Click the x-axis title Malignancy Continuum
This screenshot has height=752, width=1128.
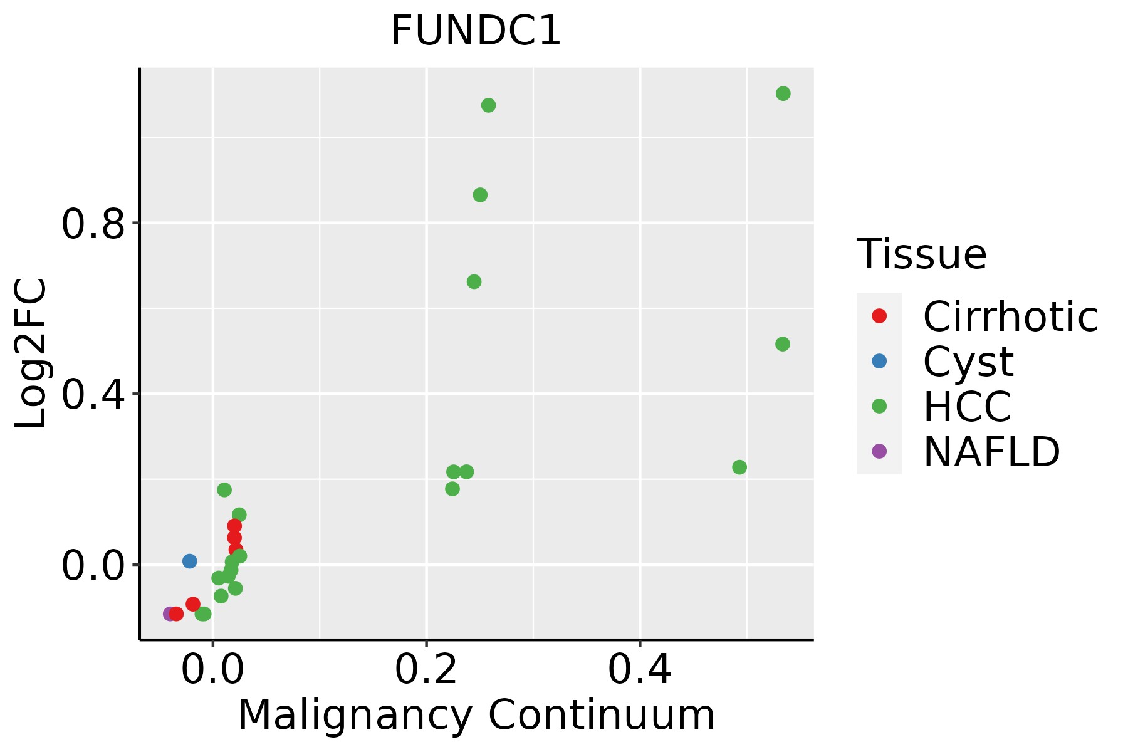[476, 715]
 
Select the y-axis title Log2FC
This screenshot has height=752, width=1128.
[31, 353]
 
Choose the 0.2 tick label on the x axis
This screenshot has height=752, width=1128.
[426, 669]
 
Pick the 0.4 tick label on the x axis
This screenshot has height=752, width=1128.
[640, 669]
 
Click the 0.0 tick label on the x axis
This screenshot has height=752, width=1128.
[213, 669]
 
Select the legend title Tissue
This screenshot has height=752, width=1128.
[921, 254]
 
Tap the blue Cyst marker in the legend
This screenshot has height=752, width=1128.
[879, 361]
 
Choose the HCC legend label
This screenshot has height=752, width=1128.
[967, 406]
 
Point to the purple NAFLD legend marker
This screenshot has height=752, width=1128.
[879, 451]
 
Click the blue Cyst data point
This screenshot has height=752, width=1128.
[190, 561]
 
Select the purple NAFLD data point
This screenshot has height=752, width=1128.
[169, 614]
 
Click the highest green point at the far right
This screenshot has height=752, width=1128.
[783, 93]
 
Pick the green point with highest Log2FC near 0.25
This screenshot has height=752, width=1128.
[488, 105]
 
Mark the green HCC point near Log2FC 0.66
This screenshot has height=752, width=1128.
[474, 282]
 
